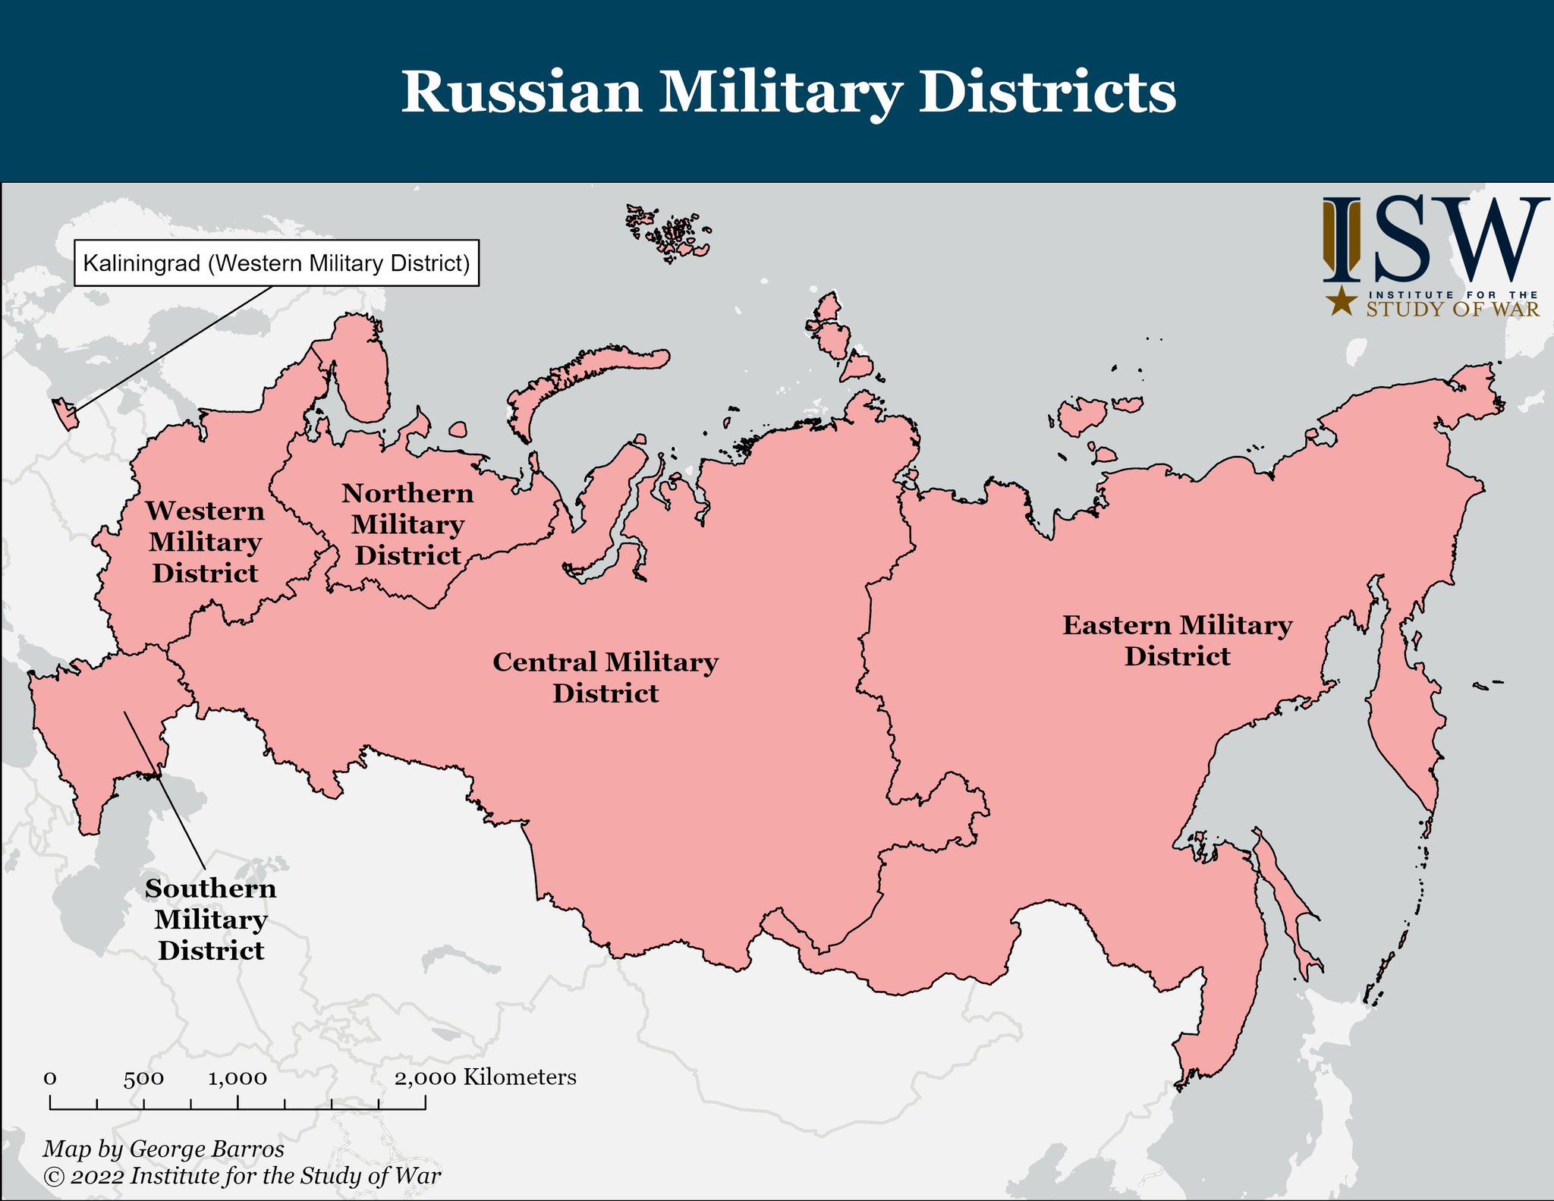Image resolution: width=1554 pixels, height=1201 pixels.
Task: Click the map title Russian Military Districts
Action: coord(788,92)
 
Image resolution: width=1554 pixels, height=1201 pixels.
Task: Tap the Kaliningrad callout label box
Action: coord(276,263)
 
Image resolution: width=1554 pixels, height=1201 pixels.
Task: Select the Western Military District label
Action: coord(205,542)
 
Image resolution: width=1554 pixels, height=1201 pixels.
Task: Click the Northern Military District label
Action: coord(408,524)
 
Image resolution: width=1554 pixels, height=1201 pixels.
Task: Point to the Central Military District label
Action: coord(606,678)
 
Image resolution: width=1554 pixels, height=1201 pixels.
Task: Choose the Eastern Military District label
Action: coord(1177,640)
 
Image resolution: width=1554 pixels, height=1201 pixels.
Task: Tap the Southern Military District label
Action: coord(211,919)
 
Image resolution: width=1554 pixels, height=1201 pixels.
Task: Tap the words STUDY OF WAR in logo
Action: coord(1452,310)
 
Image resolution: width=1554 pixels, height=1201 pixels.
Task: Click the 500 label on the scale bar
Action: coord(143,1078)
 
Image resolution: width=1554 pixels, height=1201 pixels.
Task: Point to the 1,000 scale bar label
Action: coord(238,1078)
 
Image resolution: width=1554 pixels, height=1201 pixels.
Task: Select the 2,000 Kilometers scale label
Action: coord(485,1077)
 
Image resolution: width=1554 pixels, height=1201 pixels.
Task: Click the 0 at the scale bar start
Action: coord(50,1078)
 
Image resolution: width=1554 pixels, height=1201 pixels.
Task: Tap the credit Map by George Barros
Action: coord(163,1149)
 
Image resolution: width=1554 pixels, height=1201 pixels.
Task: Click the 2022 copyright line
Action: coord(242,1176)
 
